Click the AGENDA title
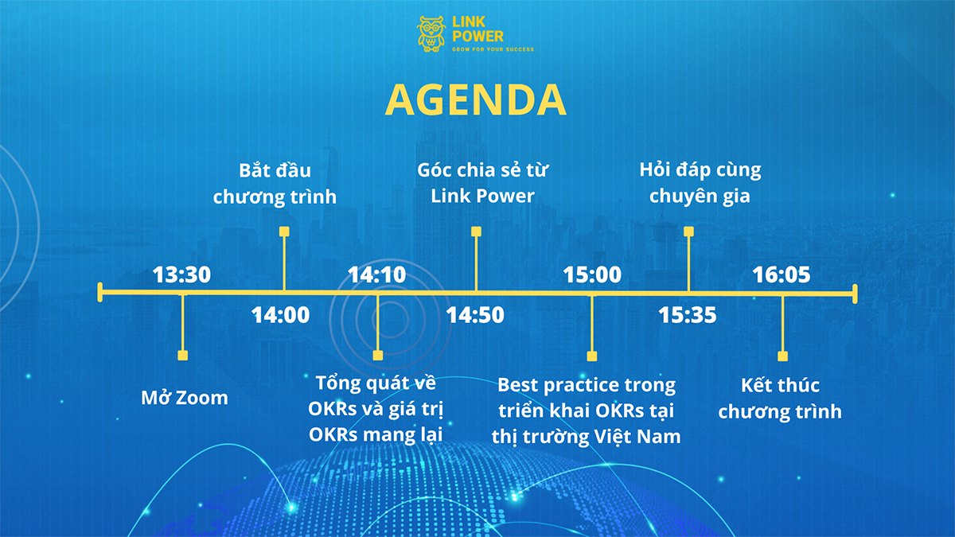click(x=475, y=99)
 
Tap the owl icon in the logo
click(x=431, y=34)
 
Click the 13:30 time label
click(x=181, y=275)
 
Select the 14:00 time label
click(x=280, y=315)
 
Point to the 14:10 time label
click(x=377, y=275)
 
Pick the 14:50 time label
click(x=475, y=315)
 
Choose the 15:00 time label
click(x=592, y=275)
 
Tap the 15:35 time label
click(x=688, y=315)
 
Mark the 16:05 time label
click(x=781, y=275)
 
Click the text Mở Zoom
click(x=185, y=398)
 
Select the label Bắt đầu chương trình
click(x=275, y=184)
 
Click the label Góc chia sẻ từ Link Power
click(x=482, y=183)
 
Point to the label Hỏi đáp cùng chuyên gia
click(x=700, y=183)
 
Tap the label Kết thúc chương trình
click(x=780, y=399)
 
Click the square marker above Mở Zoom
click(x=183, y=356)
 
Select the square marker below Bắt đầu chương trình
click(x=284, y=232)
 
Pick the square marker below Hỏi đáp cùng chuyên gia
click(x=688, y=232)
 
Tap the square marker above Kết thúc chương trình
click(x=782, y=356)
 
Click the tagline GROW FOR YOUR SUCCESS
click(x=493, y=49)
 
